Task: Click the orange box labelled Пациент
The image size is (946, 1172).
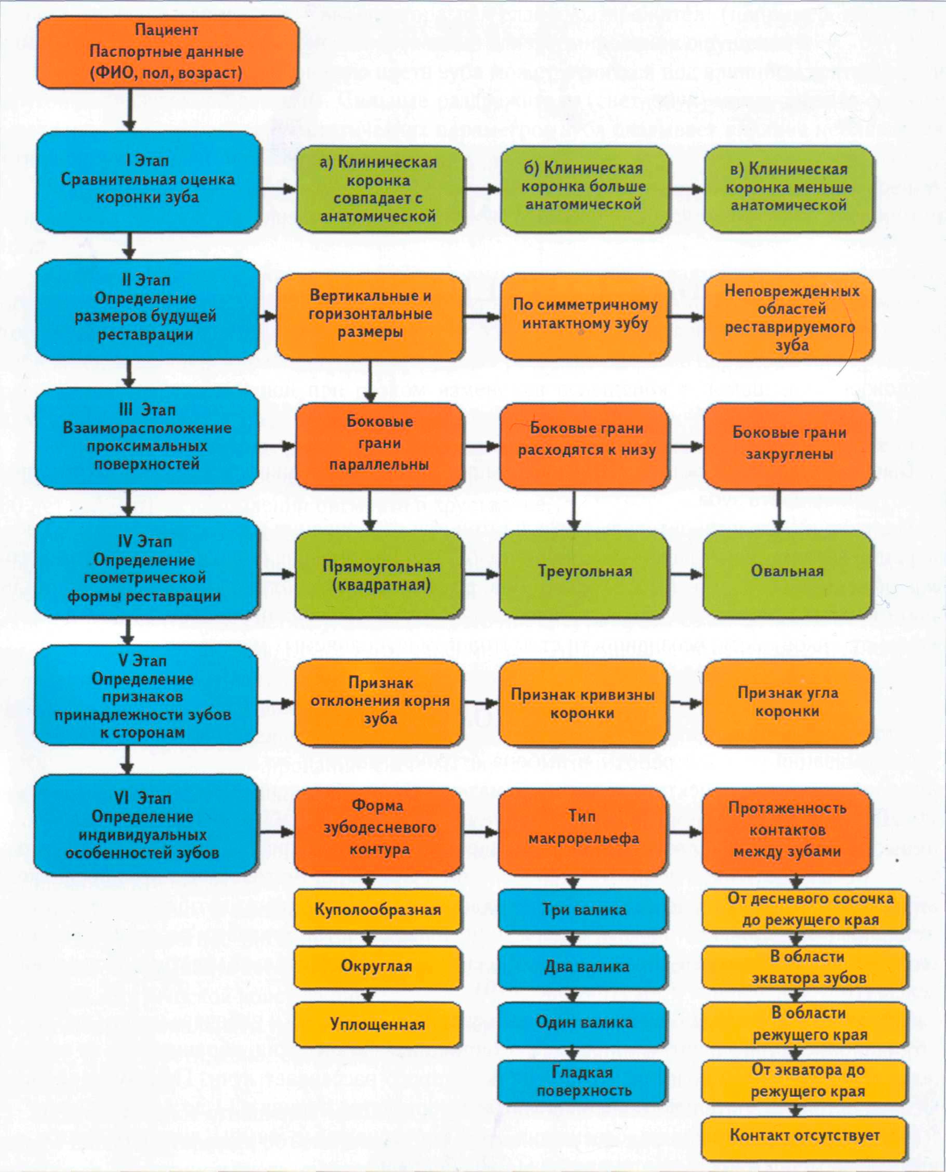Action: point(167,52)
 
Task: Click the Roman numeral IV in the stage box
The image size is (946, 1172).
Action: point(125,541)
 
